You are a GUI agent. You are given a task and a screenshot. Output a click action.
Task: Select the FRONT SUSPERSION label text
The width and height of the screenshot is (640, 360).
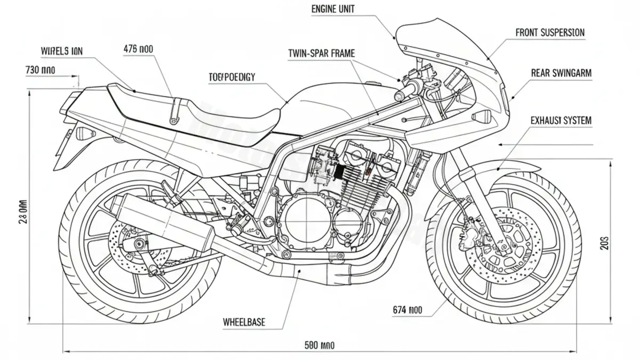coord(550,33)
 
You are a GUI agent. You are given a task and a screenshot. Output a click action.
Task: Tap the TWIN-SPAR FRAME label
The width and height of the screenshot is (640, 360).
coord(321,53)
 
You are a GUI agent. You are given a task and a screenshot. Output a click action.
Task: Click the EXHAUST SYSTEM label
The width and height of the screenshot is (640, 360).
coord(561,121)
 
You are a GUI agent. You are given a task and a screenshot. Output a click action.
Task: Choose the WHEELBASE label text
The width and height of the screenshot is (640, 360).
coord(244,322)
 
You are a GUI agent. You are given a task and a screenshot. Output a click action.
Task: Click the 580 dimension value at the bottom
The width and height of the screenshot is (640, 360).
coord(319,346)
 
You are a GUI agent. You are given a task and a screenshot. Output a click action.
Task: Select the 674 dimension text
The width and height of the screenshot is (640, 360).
coord(407,309)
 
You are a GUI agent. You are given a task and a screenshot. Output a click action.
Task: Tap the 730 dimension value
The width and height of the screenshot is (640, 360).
coord(40,70)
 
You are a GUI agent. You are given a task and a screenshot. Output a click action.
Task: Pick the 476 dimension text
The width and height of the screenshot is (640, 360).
coord(138,49)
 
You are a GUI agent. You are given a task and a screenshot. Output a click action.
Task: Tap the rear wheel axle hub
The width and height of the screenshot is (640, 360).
coord(140,245)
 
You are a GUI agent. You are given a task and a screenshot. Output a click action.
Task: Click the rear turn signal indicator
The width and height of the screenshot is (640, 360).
coord(84,133)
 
